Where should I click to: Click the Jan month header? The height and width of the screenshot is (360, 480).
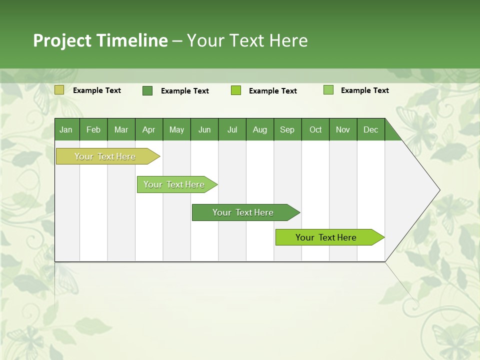[x=66, y=129]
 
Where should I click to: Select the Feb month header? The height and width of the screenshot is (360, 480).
[x=93, y=129]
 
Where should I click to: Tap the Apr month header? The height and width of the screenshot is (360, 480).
[x=149, y=129]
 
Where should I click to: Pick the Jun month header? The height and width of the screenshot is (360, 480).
[x=204, y=129]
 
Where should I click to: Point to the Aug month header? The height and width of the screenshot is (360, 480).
[x=260, y=129]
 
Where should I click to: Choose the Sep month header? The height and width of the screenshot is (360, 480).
[x=287, y=129]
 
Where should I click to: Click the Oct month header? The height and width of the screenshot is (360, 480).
[x=315, y=129]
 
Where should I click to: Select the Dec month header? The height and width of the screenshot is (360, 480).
[x=371, y=129]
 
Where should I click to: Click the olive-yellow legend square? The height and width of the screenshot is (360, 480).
[x=59, y=90]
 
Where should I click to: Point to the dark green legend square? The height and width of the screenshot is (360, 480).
[x=147, y=90]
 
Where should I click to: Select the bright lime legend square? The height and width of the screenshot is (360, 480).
[x=236, y=90]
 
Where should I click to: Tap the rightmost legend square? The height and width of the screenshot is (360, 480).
[x=328, y=90]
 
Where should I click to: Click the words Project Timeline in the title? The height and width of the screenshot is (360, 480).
[x=100, y=40]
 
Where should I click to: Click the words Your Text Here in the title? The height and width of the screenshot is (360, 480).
[x=247, y=40]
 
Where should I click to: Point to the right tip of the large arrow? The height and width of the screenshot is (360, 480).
[x=439, y=190]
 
